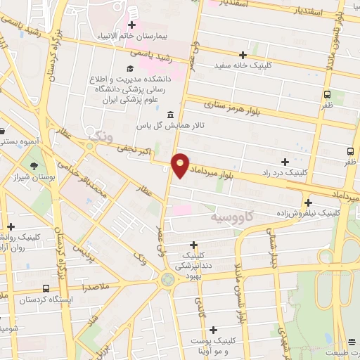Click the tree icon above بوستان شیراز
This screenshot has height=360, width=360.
pyautogui.click(x=33, y=165)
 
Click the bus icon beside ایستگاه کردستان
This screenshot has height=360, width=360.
pyautogui.click(x=46, y=288)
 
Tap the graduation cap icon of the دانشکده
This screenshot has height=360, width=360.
pyautogui.click(x=129, y=68)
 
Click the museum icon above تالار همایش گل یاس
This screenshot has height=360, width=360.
pyautogui.click(x=169, y=115)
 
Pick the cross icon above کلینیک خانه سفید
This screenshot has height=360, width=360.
pyautogui.click(x=243, y=54)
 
